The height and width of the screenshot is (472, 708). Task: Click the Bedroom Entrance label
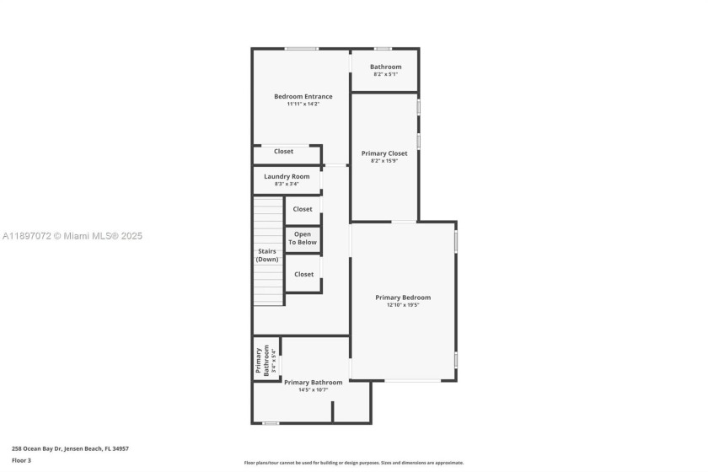coord(303,96)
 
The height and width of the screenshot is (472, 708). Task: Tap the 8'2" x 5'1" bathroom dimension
coord(385,74)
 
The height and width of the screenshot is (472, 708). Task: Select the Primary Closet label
coord(384,153)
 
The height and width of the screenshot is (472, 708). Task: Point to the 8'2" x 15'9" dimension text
coord(384,161)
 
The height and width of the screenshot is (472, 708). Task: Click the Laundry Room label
coord(287,176)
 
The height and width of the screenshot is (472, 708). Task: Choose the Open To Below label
coord(303,238)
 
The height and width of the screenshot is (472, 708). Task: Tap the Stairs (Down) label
coord(266,255)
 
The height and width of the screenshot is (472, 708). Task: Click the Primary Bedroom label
coord(403,298)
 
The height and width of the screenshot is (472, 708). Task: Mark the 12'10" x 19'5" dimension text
coord(403,305)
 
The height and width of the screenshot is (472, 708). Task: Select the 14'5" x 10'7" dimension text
coord(313,390)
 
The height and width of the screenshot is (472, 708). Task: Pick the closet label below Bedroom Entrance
coord(283,152)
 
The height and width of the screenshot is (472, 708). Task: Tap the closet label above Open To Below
coord(303,209)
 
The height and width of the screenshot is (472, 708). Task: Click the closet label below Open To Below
coord(303,274)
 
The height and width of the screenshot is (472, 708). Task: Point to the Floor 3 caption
coord(21,460)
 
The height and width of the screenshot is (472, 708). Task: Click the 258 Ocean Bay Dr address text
coord(70,449)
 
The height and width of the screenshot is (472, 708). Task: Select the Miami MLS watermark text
coord(72,236)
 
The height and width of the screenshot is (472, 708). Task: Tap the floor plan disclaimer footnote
coord(353,463)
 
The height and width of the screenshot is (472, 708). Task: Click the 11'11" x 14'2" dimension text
coord(303,104)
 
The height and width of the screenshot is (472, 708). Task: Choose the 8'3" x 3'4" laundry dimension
coord(287,184)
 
